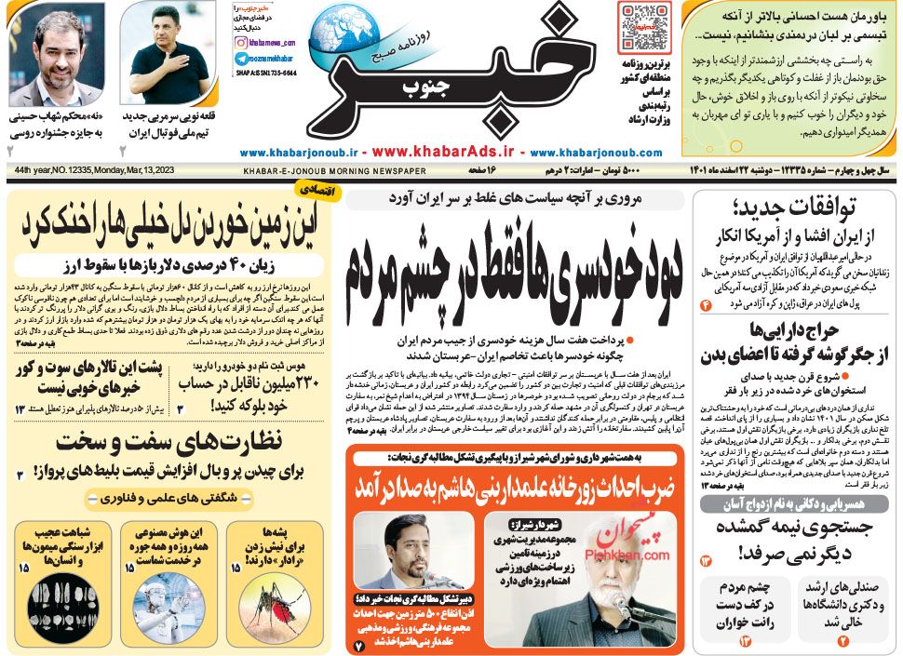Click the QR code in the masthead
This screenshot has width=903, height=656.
643,28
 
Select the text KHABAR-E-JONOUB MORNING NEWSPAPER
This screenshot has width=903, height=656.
334,171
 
